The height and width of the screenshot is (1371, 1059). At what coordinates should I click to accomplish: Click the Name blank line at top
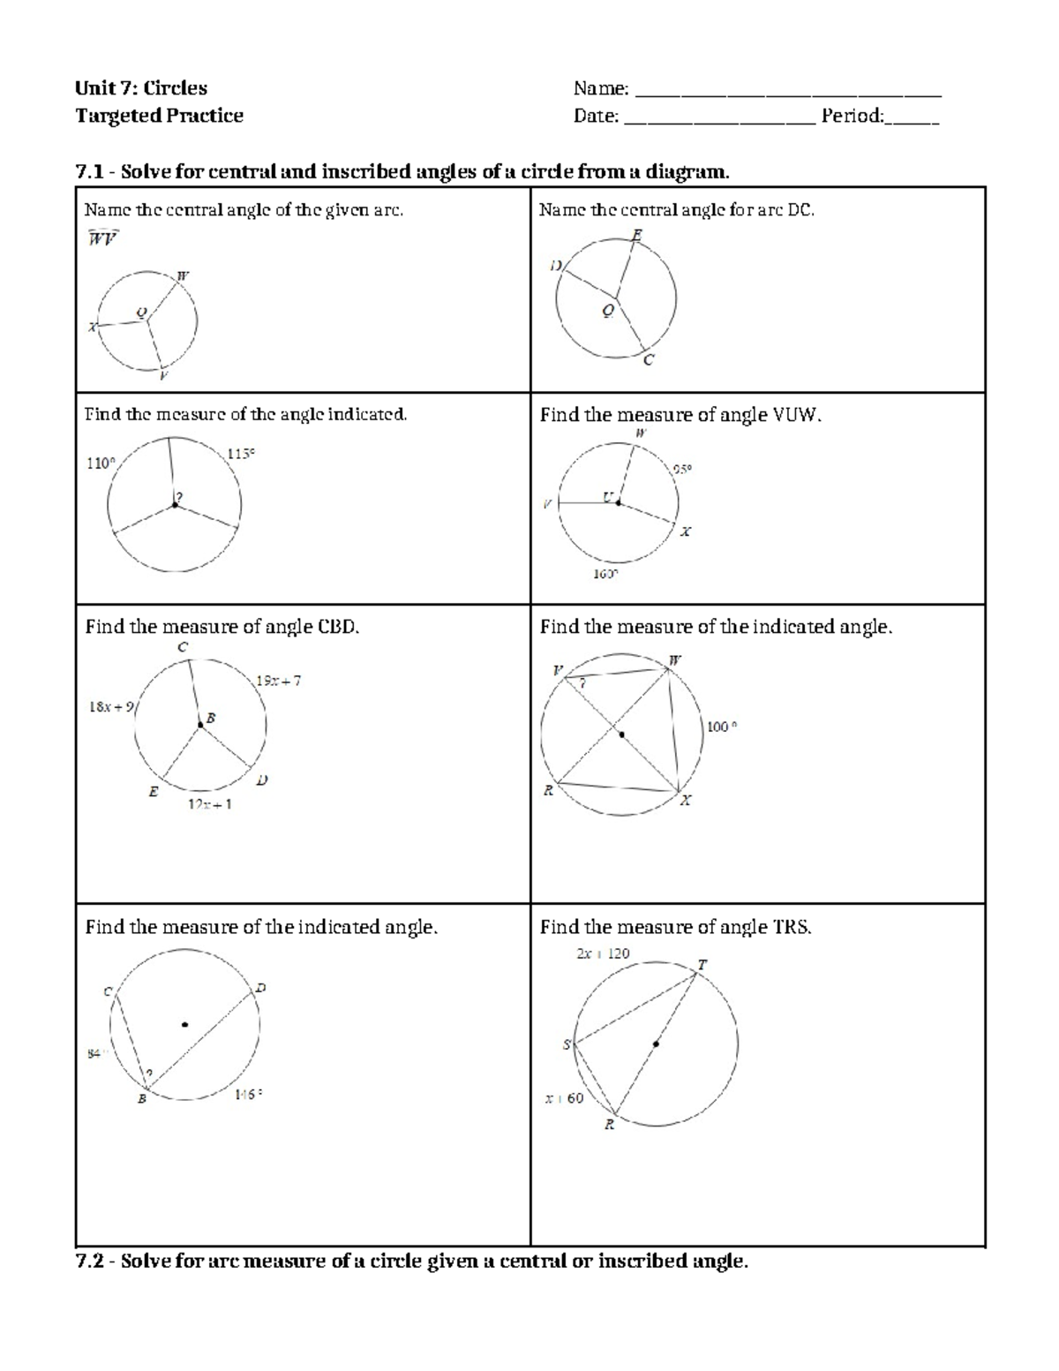coord(787,94)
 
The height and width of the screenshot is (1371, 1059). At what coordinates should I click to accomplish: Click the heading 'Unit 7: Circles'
coord(141,88)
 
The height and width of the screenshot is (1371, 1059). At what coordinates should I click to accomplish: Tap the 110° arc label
coord(100,463)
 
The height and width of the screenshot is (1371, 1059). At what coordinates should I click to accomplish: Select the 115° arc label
coord(241,454)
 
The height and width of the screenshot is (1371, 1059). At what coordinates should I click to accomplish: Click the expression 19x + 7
coord(279,681)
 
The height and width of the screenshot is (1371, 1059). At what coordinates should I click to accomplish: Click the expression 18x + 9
coord(111,706)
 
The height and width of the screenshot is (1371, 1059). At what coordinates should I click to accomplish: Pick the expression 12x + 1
coord(210,804)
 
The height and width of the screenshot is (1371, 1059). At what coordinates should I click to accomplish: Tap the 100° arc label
coord(721,727)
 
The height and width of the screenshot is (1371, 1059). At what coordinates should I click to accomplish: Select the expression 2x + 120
coord(603,953)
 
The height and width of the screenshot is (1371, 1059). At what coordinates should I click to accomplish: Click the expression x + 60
coord(564,1099)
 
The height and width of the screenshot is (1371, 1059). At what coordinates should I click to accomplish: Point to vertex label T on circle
coord(702,965)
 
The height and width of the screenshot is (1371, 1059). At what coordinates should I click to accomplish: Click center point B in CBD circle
coord(201,724)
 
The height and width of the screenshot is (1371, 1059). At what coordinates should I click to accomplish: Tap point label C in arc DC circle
coord(649,359)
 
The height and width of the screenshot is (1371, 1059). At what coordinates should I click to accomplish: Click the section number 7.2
coord(92,1261)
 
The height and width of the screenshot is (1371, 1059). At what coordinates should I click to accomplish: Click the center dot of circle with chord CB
coord(184,1024)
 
